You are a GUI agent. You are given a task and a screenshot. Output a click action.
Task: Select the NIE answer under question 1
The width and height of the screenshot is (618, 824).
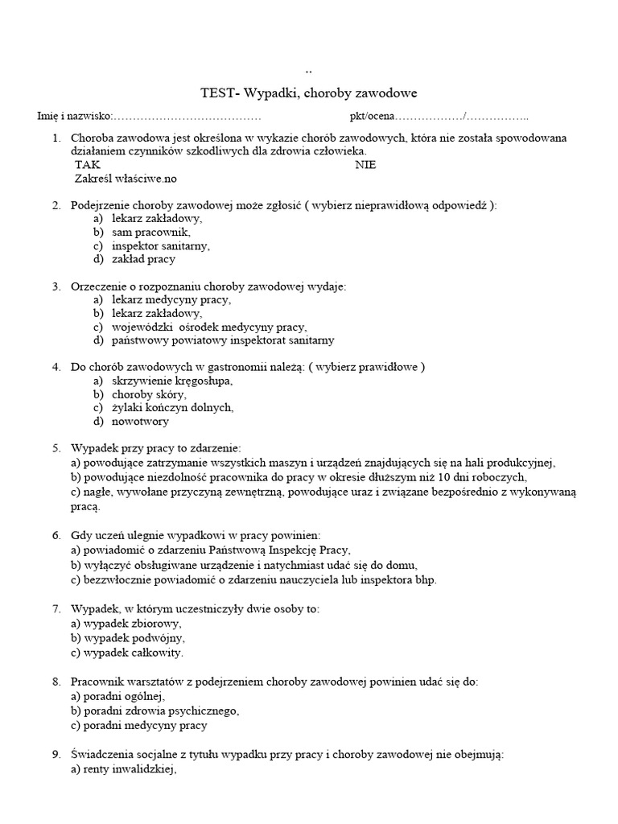point(365,165)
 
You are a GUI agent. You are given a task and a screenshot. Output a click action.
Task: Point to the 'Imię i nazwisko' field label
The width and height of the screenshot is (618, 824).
point(75,117)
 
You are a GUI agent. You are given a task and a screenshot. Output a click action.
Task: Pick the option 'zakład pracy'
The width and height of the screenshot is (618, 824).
point(143,259)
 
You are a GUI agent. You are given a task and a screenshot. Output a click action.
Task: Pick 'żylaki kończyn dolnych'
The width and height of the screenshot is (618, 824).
point(172,408)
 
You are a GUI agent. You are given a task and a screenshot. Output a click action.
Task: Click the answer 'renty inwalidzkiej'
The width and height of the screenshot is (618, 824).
point(123,768)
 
